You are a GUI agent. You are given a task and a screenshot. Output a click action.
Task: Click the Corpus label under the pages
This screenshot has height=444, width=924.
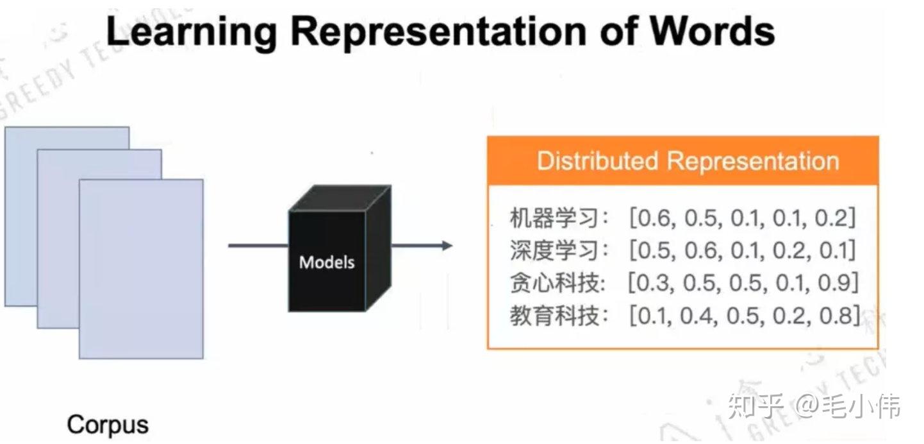tap(108, 425)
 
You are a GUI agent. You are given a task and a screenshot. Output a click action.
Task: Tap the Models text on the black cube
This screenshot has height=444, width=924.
tap(327, 262)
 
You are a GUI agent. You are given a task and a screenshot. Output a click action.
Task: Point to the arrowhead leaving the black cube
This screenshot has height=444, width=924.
tap(447, 245)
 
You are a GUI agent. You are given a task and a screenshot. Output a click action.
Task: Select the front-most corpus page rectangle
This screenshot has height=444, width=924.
tap(141, 269)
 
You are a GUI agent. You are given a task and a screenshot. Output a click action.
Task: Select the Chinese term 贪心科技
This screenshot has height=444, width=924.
tap(550, 282)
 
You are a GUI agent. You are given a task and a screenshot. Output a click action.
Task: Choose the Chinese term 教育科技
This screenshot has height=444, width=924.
tap(550, 315)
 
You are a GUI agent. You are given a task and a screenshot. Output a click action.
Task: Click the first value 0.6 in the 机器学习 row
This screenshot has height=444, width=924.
tap(654, 219)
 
